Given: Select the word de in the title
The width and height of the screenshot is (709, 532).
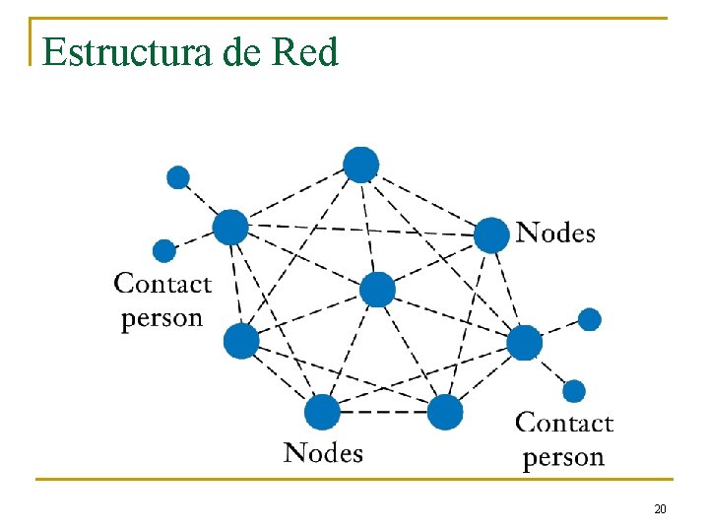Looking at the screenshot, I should (x=242, y=51).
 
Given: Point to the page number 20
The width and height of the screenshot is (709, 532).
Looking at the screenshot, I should (x=660, y=509).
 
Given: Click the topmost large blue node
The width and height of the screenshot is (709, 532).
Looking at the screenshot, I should (x=361, y=165).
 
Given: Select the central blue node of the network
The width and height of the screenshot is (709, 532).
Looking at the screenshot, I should (x=377, y=290).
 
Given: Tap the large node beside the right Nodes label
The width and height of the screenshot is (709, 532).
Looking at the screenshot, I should (x=491, y=235).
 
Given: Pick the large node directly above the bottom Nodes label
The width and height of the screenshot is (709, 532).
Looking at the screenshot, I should (x=322, y=412).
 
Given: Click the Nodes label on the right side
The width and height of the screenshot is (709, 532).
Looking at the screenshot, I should (x=556, y=233).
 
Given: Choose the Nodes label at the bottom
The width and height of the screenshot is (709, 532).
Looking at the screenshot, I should (x=323, y=453).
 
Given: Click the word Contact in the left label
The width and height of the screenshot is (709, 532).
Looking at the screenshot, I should (x=162, y=284).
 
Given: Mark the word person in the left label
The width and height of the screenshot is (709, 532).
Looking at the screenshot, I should (x=161, y=318).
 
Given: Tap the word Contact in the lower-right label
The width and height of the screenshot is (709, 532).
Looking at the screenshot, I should (x=564, y=424).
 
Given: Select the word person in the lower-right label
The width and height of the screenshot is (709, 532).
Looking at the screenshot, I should (x=563, y=457).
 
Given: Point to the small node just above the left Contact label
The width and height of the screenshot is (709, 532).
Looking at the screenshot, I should (x=164, y=251).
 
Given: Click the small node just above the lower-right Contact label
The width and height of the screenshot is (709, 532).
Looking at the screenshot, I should (x=574, y=391).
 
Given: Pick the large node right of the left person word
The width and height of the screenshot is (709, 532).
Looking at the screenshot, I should (x=241, y=341).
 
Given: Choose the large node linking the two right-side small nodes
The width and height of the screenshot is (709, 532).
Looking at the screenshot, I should (x=525, y=343).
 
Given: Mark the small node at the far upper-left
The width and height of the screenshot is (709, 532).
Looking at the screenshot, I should (x=178, y=177).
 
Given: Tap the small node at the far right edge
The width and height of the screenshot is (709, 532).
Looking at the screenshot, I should (x=589, y=319).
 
